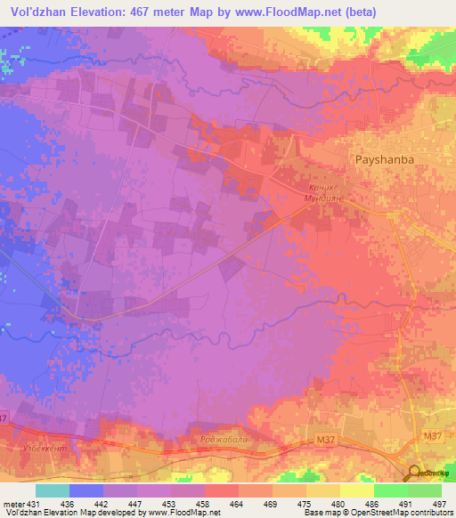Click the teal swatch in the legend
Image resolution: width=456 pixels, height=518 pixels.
(x=53, y=490)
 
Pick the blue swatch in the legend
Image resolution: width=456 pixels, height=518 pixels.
(x=86, y=490)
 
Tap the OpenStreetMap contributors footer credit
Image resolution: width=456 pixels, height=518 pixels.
(x=392, y=513)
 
